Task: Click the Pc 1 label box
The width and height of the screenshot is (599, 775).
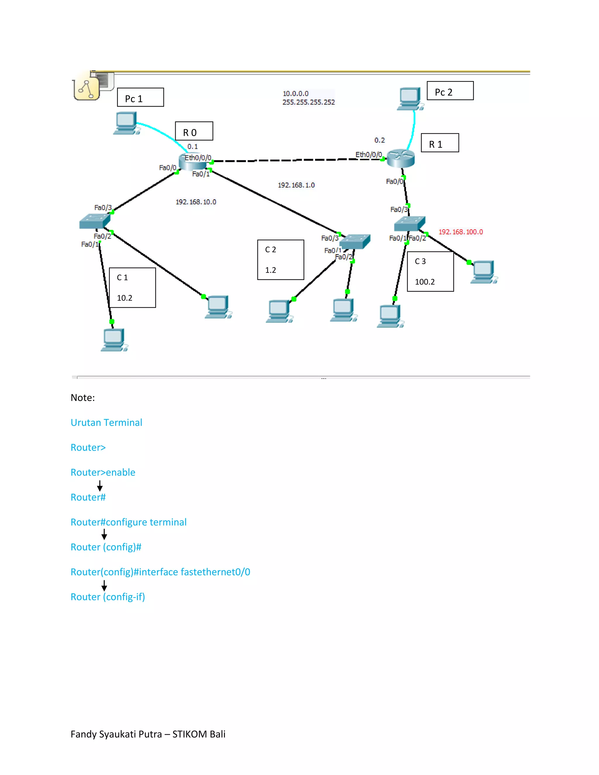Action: coord(140,97)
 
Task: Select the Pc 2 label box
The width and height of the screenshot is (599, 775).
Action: coord(450,91)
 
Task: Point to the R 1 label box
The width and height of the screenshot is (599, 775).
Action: coord(440,143)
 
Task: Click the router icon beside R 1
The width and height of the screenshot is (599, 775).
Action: coord(401,158)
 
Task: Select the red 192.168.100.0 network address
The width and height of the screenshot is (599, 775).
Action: coord(460,232)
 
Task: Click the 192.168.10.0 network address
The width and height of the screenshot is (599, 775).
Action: coord(196,202)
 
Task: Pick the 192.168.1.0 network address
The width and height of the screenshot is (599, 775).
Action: coord(296,185)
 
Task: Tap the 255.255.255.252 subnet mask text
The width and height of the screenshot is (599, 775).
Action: coord(308,102)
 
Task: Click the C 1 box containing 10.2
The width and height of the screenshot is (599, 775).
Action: coord(132,287)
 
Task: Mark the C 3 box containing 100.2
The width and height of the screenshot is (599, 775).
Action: coord(430,271)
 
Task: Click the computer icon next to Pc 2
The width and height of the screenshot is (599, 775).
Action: coord(410,99)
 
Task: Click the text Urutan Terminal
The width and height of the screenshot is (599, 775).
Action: coord(106,423)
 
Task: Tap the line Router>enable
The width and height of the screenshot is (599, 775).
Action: coord(103,472)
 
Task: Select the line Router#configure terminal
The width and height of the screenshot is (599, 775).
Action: coord(128,522)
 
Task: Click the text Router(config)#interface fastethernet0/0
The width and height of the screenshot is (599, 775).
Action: coord(160,572)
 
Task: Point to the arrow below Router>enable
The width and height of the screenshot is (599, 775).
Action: coord(100,485)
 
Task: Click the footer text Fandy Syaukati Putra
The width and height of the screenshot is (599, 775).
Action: coord(117,734)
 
